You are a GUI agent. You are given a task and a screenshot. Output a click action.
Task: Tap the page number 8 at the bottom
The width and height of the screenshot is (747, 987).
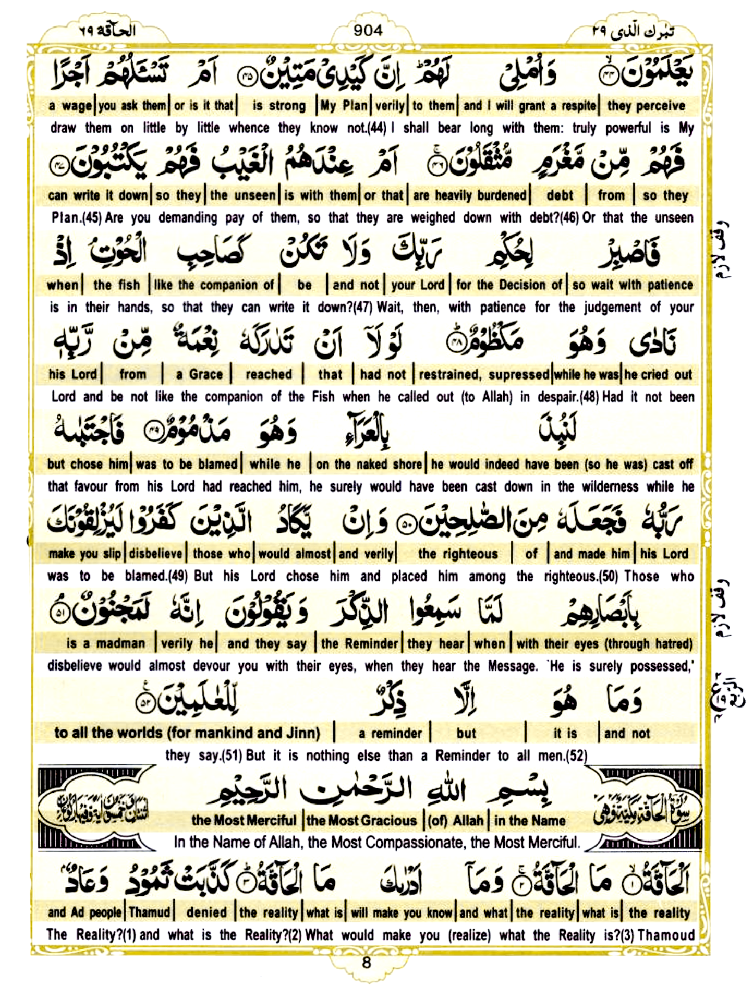coord(366,962)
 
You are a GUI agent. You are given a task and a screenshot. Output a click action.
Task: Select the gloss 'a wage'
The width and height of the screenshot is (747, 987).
coord(71,106)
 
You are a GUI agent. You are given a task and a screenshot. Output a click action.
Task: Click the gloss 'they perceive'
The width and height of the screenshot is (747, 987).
coord(646,106)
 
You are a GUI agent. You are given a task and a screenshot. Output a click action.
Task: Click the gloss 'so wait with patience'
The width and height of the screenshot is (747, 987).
coord(632,285)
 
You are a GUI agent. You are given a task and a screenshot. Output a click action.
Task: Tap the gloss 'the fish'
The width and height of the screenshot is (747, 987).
coord(117,285)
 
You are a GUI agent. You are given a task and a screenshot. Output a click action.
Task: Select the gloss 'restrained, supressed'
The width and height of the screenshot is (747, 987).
coord(484,374)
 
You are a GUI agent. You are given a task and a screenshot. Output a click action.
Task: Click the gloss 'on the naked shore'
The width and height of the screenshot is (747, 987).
coord(369,464)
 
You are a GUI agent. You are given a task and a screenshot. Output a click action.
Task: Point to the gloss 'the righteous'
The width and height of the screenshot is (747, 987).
coord(458,554)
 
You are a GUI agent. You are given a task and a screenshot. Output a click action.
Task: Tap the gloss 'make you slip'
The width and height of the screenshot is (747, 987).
coord(85,554)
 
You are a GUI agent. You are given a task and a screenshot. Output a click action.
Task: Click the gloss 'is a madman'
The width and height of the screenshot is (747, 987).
coord(105,644)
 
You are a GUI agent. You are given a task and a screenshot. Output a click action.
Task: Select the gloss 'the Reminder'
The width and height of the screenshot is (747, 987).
coord(360,644)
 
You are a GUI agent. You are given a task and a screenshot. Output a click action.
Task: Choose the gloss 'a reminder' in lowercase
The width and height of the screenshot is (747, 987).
coord(390,733)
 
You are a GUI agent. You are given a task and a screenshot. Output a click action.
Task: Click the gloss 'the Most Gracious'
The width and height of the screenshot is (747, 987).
coord(362,821)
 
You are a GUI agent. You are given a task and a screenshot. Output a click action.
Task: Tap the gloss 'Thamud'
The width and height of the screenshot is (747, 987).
coord(149,912)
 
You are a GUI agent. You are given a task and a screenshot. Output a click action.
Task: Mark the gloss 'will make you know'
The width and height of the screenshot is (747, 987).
coord(402,912)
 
